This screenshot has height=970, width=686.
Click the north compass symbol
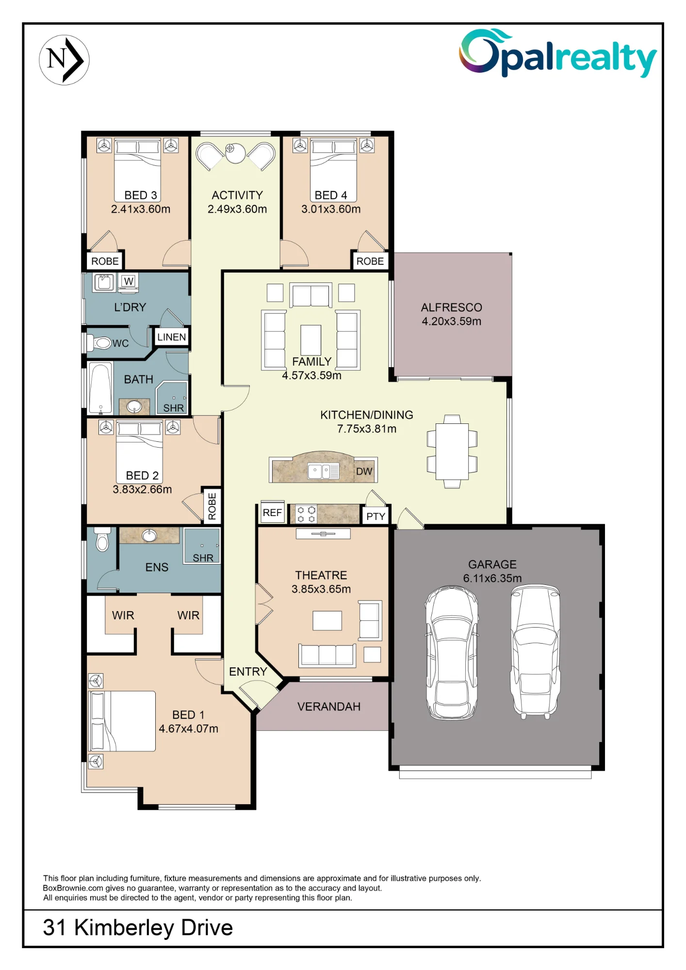[x=64, y=60]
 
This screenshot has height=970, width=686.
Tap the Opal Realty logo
[x=558, y=53]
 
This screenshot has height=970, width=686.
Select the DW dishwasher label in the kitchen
[x=364, y=471]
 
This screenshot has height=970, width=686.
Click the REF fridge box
[x=272, y=513]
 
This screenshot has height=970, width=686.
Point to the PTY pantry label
[x=376, y=517]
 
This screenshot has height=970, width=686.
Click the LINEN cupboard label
[x=171, y=337]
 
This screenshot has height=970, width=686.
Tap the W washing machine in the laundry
[x=129, y=282]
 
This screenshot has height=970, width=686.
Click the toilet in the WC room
[x=100, y=343]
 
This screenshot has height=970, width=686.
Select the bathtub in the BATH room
[x=100, y=388]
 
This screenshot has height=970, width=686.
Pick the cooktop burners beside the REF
[x=306, y=515]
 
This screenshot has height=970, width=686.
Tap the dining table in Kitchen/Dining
[x=452, y=452]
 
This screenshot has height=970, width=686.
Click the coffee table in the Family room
[x=310, y=340]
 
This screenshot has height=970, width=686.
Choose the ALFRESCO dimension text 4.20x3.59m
[x=452, y=321]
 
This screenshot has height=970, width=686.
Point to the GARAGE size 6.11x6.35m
[x=492, y=578]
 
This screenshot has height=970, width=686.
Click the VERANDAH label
[x=329, y=707]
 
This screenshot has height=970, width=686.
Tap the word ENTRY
[x=248, y=672]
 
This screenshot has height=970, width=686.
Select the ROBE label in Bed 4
[x=370, y=261]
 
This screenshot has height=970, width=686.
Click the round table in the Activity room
[x=235, y=153]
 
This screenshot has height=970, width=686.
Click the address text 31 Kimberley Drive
[x=138, y=928]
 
